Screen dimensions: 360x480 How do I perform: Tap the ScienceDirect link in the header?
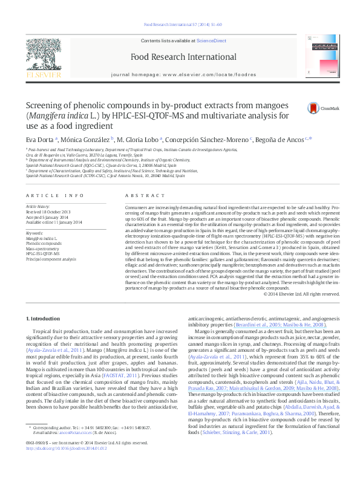[211, 41]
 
